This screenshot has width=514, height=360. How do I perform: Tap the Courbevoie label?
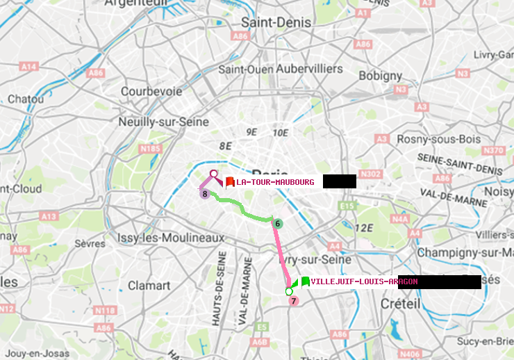pos(151,91)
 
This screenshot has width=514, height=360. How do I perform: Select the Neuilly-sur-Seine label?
pos(164,122)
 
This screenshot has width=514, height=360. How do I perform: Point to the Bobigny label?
pos(381,75)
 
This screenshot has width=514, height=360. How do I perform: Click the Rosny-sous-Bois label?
pos(438,139)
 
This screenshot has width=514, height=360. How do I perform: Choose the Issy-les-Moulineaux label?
pos(171,238)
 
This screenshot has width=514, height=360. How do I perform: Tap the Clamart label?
pos(149,285)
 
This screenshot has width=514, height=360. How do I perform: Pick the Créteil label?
pos(400,304)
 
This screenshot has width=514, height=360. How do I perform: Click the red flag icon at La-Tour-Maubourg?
pos(230,182)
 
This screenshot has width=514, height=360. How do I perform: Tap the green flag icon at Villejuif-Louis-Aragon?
pos(305,281)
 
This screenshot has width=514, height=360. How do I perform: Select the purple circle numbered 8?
pos(205,194)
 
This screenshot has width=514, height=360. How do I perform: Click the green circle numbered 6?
pos(277,224)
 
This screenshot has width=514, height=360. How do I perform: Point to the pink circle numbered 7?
pos(294,301)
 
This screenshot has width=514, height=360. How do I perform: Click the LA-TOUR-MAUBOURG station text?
pos(275,182)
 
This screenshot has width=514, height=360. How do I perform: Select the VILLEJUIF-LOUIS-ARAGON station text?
pos(364,281)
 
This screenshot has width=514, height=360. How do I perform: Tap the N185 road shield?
pos(149,148)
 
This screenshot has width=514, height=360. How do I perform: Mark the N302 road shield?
pos(372,174)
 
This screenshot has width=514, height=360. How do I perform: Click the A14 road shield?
pos(28,67)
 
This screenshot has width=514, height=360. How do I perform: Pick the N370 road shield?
pos(492,151)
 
